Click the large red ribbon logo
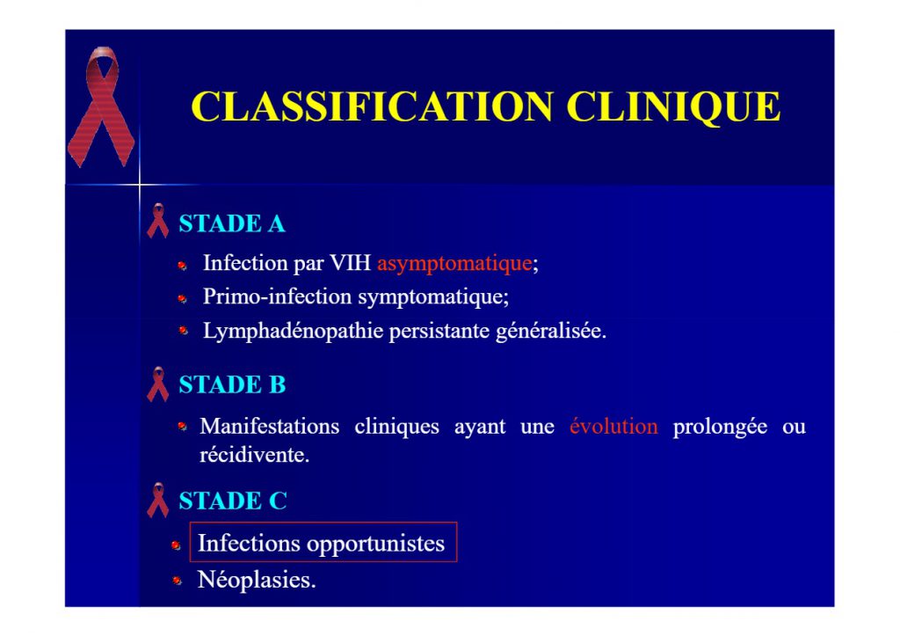point(102,106)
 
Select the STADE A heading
point(232,223)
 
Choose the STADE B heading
point(232,384)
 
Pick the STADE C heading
point(232,501)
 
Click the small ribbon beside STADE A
point(158,221)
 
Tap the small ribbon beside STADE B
point(158,384)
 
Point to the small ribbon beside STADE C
point(158,500)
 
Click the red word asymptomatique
point(454,264)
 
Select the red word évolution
point(613,426)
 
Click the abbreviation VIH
point(350,262)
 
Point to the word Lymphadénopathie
point(294,332)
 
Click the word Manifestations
point(269,427)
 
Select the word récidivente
point(254,455)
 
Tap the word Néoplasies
point(257,580)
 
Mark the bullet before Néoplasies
point(177,581)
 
